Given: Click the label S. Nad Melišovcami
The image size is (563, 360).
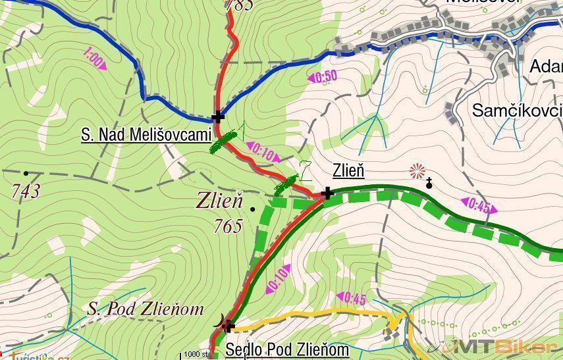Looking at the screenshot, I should pyautogui.click(x=146, y=136).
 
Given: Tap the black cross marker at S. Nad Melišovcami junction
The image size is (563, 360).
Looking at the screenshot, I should pyautogui.click(x=218, y=118).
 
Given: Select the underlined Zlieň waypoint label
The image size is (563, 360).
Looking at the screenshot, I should pyautogui.click(x=348, y=171).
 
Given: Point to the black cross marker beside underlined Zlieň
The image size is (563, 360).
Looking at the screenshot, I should pyautogui.click(x=327, y=193).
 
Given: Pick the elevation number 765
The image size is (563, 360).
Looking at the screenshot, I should pyautogui.click(x=228, y=226).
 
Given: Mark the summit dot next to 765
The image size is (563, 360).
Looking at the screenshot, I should pyautogui.click(x=253, y=209).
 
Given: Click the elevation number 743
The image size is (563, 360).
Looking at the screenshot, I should pyautogui.click(x=26, y=192).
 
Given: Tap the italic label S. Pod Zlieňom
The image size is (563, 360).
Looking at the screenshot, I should pyautogui.click(x=146, y=309).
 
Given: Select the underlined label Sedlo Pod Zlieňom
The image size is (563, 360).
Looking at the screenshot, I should pyautogui.click(x=287, y=349).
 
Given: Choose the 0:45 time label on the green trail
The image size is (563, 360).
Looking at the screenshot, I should pyautogui.click(x=479, y=206).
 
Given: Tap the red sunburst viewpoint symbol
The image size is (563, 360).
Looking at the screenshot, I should pyautogui.click(x=417, y=172).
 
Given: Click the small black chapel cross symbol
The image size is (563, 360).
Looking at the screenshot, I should pyautogui.click(x=429, y=183).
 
